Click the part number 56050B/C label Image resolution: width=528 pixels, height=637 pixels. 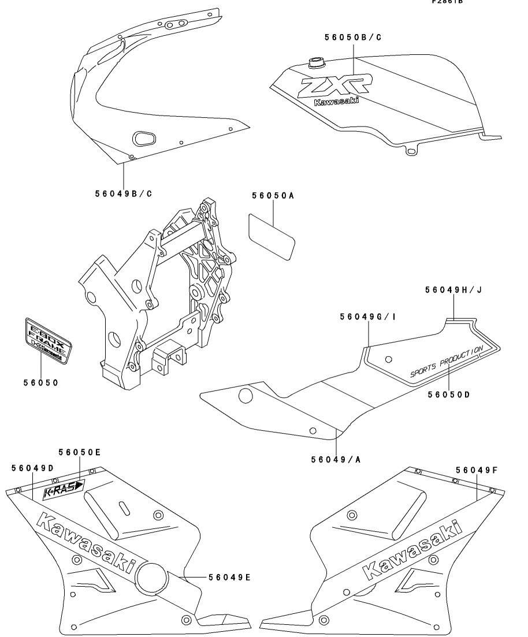(352, 38)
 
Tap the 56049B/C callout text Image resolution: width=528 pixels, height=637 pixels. (124, 193)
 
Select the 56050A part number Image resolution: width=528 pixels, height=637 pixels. (273, 196)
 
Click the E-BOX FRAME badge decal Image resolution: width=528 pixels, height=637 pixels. (49, 341)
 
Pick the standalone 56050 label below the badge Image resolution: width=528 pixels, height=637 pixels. (40, 383)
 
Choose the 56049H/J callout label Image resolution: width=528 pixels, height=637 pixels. (453, 290)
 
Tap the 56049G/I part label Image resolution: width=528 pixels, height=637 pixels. (367, 316)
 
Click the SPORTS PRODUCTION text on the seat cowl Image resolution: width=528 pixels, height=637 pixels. (446, 362)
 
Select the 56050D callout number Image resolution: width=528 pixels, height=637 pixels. (448, 394)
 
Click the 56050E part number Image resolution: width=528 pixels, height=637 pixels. (79, 452)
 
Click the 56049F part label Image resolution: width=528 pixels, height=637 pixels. (477, 471)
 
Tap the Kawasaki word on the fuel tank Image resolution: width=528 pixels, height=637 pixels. (336, 103)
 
